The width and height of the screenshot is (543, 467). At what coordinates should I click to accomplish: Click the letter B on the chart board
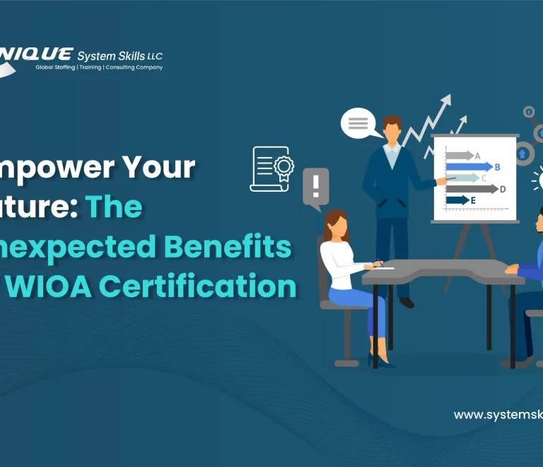(498, 167)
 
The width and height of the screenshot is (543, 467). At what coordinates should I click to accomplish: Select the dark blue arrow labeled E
(457, 200)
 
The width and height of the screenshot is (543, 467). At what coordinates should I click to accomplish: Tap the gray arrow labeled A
(460, 156)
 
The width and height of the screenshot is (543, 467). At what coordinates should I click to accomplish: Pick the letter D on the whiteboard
(503, 189)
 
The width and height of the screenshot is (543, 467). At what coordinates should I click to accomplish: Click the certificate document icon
(271, 168)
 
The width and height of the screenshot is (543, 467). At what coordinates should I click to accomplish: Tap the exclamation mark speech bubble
(316, 188)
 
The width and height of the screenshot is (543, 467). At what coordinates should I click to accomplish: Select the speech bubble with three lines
(358, 124)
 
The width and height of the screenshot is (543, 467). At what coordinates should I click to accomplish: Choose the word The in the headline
(114, 207)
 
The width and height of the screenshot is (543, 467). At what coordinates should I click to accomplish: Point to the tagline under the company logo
(99, 68)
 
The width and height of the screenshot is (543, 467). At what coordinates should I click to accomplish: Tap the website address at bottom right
(498, 415)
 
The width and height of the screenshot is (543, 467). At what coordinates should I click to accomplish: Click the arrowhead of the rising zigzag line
(445, 100)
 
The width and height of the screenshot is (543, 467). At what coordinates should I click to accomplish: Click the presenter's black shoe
(407, 303)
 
